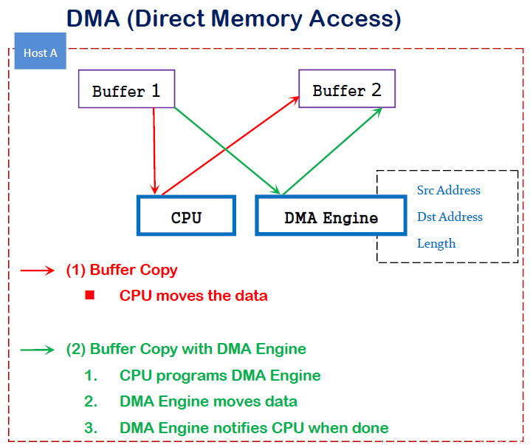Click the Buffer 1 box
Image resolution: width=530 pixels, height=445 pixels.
point(126,89)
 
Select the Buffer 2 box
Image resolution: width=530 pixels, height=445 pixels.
point(346,89)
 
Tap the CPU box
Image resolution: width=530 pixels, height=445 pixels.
point(186,217)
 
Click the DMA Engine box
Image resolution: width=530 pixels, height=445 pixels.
point(331,217)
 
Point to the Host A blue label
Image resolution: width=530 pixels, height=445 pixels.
point(41,52)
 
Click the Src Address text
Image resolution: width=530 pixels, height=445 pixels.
point(448,190)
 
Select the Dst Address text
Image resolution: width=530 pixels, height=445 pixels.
point(450,217)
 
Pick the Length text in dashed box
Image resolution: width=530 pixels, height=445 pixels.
point(436,243)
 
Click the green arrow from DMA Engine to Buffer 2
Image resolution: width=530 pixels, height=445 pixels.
point(332,152)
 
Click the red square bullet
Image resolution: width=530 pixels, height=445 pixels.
point(90,295)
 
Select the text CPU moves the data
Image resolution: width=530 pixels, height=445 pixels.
point(193,296)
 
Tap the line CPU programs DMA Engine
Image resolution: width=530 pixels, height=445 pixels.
point(220,376)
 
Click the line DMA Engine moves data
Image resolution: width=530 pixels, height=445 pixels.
point(208,401)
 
